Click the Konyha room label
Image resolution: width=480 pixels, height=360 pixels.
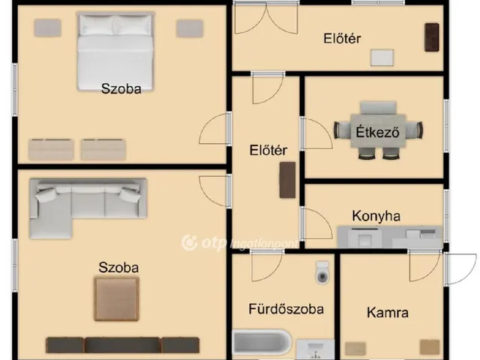tap(376, 216)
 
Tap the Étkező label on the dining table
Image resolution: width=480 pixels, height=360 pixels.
tap(377, 132)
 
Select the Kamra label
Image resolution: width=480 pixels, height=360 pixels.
tap(388, 313)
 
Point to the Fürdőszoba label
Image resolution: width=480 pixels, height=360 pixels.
tap(286, 308)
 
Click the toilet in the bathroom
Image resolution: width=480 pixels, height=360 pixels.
tap(322, 272)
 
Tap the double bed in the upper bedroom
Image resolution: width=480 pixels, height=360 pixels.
tap(115, 52)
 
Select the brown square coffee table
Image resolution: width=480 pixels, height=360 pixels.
tap(116, 298)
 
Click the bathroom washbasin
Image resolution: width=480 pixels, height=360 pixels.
tap(315, 349)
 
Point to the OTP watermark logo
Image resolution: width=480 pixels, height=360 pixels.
tap(239, 243)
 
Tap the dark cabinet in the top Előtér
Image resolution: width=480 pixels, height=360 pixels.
tap(432, 37)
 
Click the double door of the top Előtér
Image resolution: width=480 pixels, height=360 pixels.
tap(266, 18)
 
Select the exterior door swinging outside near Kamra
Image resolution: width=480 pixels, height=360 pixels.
tap(460, 268)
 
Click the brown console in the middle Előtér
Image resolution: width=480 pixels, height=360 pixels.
tap(287, 180)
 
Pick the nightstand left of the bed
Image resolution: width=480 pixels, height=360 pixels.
tap(47, 28)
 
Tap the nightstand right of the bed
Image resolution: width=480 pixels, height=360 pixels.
tap(190, 28)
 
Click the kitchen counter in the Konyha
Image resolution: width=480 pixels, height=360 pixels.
tap(390, 237)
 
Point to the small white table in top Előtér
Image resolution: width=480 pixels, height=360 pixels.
tap(382, 58)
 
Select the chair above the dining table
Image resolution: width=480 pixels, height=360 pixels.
tap(378, 108)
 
